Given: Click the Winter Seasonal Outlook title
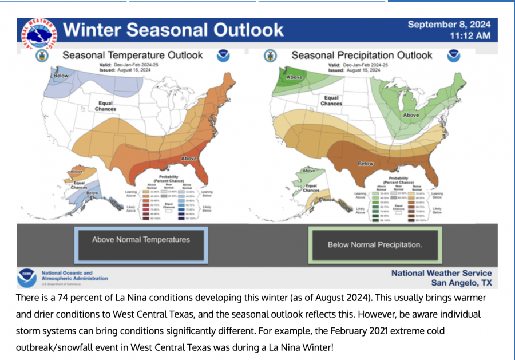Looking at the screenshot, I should (173, 30).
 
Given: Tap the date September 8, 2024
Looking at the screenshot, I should (449, 25).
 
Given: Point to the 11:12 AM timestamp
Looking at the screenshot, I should (470, 36).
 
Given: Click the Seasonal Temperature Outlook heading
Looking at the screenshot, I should (132, 56).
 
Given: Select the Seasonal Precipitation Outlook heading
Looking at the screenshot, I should (362, 56).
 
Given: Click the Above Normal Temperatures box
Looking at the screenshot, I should (141, 240).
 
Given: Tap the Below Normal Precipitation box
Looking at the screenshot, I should (374, 245).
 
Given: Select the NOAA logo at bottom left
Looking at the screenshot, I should (27, 278).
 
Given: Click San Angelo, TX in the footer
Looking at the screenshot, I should (461, 283).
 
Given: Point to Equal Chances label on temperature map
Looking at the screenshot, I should (105, 106).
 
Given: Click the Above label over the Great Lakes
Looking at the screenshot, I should (411, 115).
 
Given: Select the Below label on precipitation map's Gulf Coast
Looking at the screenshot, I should (365, 164).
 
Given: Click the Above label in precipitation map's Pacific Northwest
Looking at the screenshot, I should (294, 77).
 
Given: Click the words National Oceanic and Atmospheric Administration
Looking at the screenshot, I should (74, 276).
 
